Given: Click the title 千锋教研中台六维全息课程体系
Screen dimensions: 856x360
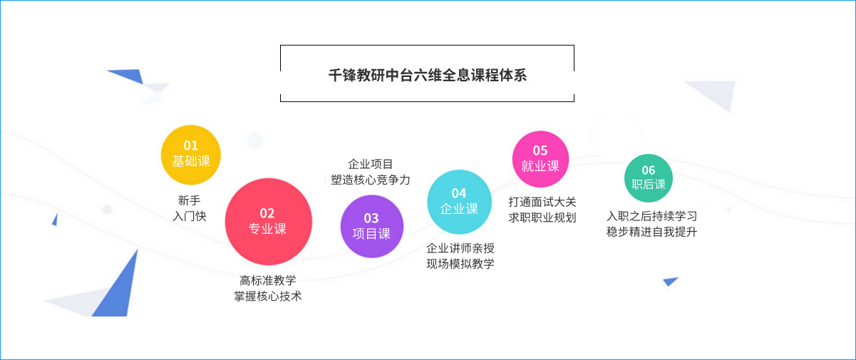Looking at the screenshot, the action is pos(428,76).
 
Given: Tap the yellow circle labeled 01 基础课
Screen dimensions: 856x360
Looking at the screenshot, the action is pos(191,155).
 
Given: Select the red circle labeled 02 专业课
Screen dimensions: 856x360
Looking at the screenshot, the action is pos(268,222).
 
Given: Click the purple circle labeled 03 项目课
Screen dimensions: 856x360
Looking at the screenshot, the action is pos(372,226).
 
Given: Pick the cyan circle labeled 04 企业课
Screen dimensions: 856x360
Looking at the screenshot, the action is pos(459,202).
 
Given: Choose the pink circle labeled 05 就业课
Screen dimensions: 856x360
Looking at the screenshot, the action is pos(540,159).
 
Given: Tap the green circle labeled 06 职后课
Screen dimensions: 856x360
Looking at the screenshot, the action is pos(649,178).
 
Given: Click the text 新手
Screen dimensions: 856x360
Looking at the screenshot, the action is pos(189,200).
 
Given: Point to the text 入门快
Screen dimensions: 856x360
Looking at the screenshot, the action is pos(190,216).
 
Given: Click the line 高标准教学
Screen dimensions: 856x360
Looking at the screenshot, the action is pos(268,280).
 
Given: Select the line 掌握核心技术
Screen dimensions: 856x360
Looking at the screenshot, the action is pos(268,296).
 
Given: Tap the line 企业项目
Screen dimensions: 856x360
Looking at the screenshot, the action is pos(371,164).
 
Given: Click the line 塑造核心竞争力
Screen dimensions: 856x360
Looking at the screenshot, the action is pos(371,180).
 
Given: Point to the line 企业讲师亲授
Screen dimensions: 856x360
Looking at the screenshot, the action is pos(460,248).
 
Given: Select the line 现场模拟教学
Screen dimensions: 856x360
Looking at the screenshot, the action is pos(460,264).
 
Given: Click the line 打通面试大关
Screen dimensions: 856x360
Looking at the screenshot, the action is pos(542,202).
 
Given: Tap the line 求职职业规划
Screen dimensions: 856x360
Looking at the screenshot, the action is pos(542,217).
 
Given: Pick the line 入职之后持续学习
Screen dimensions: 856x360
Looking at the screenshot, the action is pos(652,216).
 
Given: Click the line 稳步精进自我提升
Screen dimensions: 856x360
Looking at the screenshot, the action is pos(652,232).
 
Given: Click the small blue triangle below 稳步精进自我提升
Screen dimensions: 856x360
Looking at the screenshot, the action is pos(670,282).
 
